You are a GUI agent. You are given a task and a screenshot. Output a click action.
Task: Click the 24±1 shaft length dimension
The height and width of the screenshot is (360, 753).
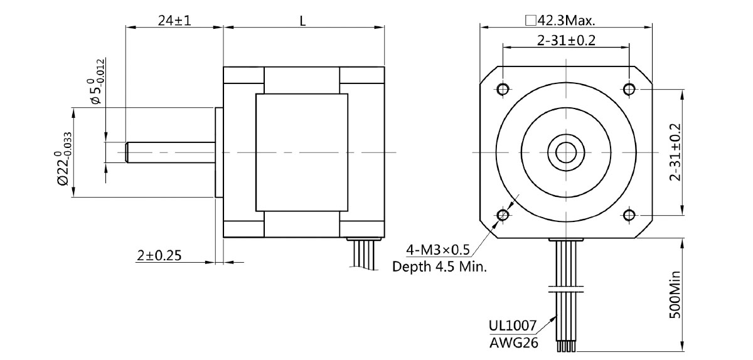pos(174,20)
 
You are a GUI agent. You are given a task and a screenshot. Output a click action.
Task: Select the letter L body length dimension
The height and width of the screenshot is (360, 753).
pos(302,20)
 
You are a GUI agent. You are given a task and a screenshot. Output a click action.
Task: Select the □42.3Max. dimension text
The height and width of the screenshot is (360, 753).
pos(560,20)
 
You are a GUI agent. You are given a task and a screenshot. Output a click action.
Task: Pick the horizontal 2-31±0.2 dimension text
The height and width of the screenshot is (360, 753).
pos(565,41)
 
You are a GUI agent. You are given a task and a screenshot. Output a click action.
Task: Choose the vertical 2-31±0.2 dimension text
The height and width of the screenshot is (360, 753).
pos(675,151)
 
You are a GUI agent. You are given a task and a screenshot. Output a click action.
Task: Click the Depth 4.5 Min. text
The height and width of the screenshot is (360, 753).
pos(440,267)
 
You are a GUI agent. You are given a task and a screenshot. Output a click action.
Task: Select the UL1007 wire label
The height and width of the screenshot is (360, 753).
pos(513,326)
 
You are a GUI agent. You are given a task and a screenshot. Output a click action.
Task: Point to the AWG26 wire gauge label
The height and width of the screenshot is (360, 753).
pos(513,342)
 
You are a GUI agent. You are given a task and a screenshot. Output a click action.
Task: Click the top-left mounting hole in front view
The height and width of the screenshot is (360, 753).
pos(503,88)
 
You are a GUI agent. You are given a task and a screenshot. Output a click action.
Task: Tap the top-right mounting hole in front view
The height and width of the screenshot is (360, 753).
pos(629,88)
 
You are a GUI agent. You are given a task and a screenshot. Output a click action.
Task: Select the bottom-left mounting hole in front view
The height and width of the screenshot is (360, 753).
pos(503,215)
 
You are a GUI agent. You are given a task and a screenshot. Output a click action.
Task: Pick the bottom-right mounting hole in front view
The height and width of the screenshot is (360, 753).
pos(629,215)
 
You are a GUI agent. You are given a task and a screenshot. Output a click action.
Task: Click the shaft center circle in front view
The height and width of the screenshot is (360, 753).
pos(566,152)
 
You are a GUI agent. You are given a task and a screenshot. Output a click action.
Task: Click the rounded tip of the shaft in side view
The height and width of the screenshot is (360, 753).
pos(127,152)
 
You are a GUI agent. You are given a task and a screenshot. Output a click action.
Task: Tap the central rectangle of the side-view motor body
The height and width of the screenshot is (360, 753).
pos(301,152)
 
